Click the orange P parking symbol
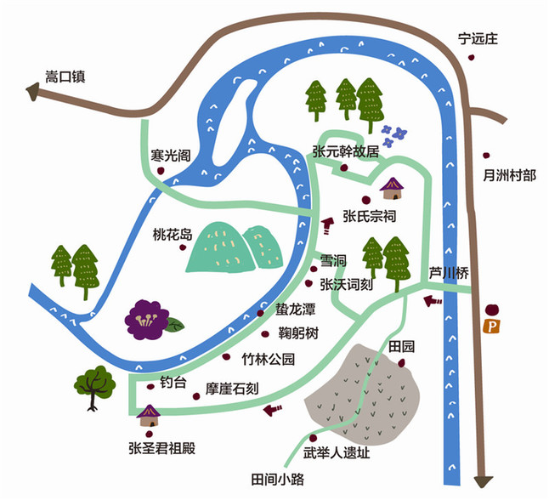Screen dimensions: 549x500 click(491, 327)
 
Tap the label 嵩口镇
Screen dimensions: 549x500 click(65, 77)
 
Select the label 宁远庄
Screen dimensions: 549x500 click(478, 38)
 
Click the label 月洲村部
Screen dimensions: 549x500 click(509, 175)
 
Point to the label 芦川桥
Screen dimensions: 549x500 click(449, 273)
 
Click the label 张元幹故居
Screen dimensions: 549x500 click(346, 151)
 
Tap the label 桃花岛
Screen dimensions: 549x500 click(173, 235)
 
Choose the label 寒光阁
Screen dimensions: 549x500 click(171, 156)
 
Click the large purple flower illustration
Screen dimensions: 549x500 click(147, 319)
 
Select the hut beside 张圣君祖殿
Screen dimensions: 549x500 click(150, 416)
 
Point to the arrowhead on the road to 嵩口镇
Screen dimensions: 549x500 click(32, 92)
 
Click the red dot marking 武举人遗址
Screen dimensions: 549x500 click(313, 438)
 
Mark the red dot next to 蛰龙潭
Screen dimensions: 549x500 click(261, 313)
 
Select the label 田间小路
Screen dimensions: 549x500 click(278, 479)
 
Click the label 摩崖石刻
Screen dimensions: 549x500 click(232, 389)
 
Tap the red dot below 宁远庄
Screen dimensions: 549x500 click(472, 57)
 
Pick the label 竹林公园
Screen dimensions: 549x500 click(269, 359)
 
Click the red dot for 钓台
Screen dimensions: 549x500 click(151, 386)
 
